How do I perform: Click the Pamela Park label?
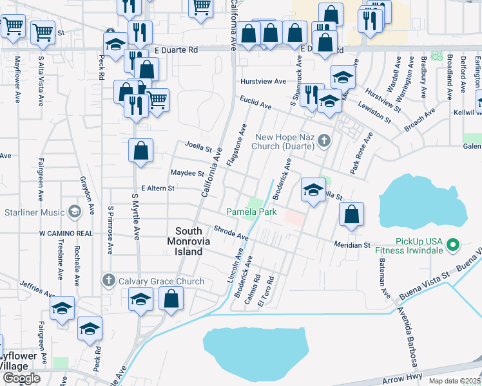(x=251, y=212)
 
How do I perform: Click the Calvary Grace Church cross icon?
(x=108, y=281)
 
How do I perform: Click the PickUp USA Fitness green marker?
(x=453, y=244)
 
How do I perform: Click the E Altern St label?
(x=154, y=188)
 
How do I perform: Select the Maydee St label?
(x=186, y=173)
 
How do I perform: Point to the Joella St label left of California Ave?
(x=198, y=146)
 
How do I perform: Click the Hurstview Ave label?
(x=263, y=82)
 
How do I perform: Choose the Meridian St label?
(x=352, y=245)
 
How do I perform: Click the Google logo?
(x=21, y=378)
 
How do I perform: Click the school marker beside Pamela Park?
(x=313, y=190)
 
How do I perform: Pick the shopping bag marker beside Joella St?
(x=140, y=152)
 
